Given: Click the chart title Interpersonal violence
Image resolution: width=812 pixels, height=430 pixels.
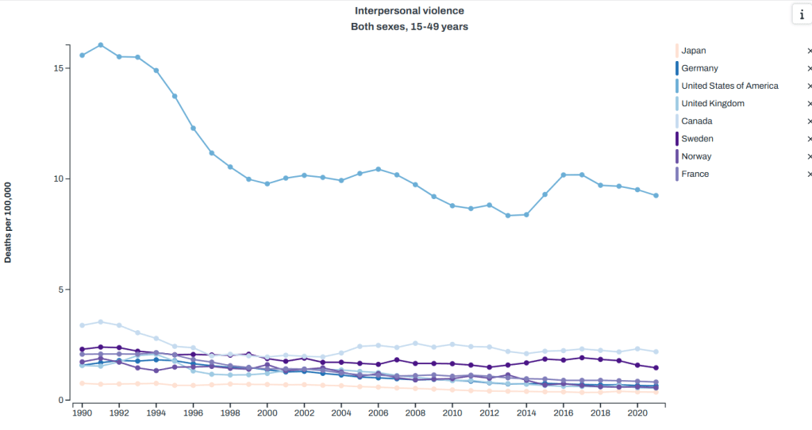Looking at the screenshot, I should pyautogui.click(x=410, y=11).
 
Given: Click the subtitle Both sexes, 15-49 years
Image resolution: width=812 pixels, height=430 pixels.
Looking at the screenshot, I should pyautogui.click(x=410, y=26).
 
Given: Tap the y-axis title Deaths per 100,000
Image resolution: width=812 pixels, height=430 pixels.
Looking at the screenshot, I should pyautogui.click(x=8, y=223).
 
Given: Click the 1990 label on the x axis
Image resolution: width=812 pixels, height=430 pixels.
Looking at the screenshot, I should pyautogui.click(x=82, y=413).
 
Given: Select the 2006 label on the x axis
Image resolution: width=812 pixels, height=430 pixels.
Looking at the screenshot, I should pyautogui.click(x=378, y=413).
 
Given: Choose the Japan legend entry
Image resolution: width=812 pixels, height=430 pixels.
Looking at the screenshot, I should pyautogui.click(x=693, y=51).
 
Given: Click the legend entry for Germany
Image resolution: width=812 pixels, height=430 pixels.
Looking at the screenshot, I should pyautogui.click(x=699, y=68).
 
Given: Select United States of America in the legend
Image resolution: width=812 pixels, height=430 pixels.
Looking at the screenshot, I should pyautogui.click(x=729, y=86).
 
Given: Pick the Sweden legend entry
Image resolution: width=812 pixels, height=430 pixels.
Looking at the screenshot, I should pyautogui.click(x=697, y=139).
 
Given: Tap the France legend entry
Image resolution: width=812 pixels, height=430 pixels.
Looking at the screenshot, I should pyautogui.click(x=695, y=174).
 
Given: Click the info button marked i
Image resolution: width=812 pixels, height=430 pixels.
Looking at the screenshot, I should pyautogui.click(x=801, y=15).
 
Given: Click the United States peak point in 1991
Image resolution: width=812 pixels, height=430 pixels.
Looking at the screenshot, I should pyautogui.click(x=100, y=45).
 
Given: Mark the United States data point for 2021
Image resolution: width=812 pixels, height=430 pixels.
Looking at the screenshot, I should pyautogui.click(x=656, y=195).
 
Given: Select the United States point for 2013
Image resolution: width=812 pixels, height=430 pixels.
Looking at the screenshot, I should pyautogui.click(x=508, y=216).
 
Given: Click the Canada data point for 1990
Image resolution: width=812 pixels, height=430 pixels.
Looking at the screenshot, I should pyautogui.click(x=82, y=325).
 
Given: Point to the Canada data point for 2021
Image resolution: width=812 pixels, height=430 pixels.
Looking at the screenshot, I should pyautogui.click(x=656, y=351).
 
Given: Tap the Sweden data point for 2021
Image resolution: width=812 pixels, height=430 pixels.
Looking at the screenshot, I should pyautogui.click(x=656, y=368).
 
